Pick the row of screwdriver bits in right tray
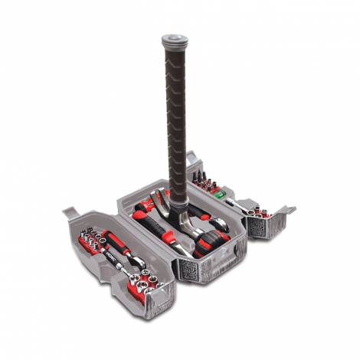click(206, 180)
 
